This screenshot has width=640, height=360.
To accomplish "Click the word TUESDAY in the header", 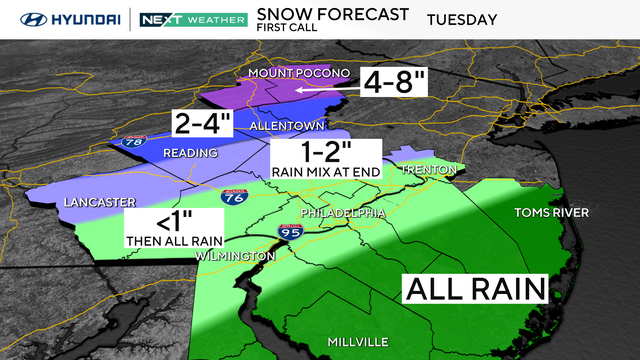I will (x=462, y=19).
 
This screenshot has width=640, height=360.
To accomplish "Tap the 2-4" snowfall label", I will (x=203, y=125).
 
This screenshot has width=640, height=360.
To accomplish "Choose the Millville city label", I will (x=358, y=342).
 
